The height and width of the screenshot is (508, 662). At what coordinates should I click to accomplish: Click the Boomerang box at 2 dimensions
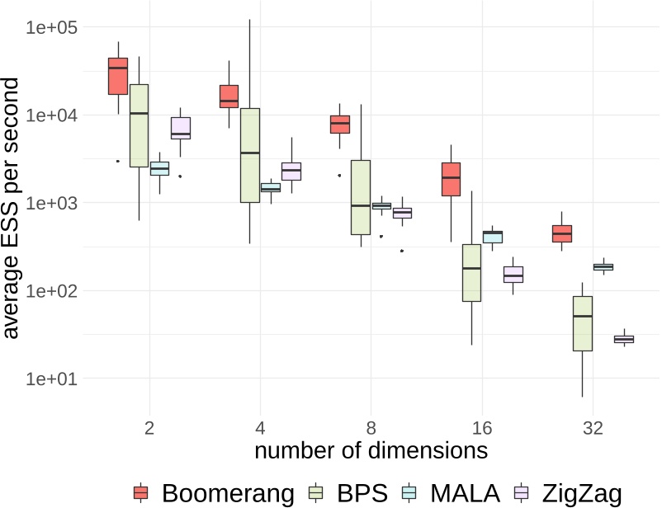pyautogui.click(x=118, y=76)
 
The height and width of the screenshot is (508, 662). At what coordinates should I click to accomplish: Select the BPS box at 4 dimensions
pyautogui.click(x=249, y=154)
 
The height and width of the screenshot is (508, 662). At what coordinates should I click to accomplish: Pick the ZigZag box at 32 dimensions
pyautogui.click(x=624, y=339)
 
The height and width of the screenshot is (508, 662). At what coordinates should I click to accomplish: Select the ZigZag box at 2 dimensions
pyautogui.click(x=181, y=128)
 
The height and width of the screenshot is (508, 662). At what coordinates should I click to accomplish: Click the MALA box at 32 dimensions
pyautogui.click(x=603, y=266)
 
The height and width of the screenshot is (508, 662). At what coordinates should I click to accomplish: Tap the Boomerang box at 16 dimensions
pyautogui.click(x=451, y=179)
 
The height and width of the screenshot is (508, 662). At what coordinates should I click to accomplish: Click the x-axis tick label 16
pyautogui.click(x=482, y=428)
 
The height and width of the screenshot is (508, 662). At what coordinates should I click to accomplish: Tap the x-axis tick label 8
pyautogui.click(x=371, y=428)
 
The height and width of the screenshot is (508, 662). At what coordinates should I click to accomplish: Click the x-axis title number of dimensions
pyautogui.click(x=371, y=452)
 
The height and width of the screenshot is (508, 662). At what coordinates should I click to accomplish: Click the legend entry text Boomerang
pyautogui.click(x=228, y=492)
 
